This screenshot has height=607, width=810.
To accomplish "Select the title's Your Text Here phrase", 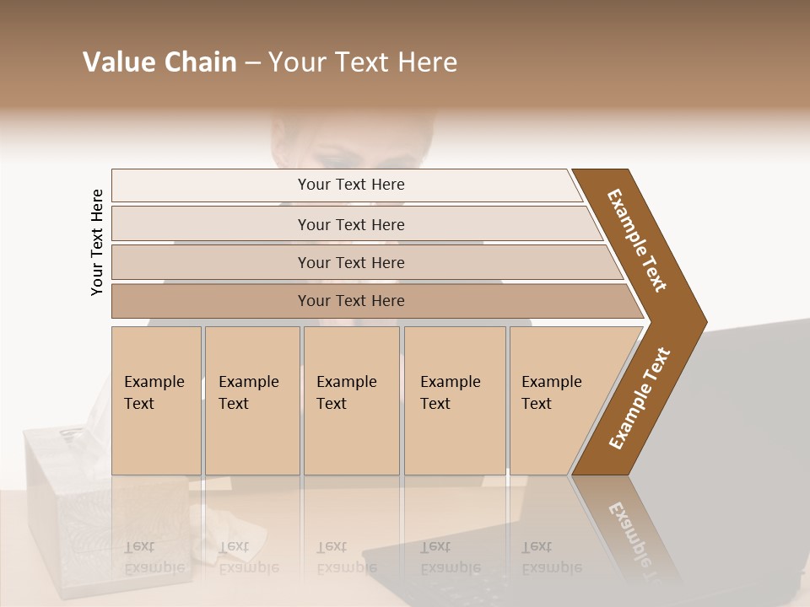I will (363, 62).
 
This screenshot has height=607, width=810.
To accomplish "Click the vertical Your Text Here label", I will (97, 242).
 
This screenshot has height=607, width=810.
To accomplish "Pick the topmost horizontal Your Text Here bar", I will (350, 185).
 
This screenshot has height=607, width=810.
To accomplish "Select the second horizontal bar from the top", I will (350, 224).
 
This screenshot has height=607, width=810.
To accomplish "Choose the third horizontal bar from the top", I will (350, 262).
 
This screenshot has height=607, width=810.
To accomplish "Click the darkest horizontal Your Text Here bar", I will (350, 301).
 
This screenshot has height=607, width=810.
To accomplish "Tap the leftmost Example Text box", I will (156, 400).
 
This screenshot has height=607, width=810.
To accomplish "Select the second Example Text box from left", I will (251, 400).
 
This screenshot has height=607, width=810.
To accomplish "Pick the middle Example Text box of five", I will (351, 400).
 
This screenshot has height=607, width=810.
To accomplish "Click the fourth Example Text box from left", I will (454, 400).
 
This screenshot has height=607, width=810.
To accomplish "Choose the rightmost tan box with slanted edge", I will (557, 400).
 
